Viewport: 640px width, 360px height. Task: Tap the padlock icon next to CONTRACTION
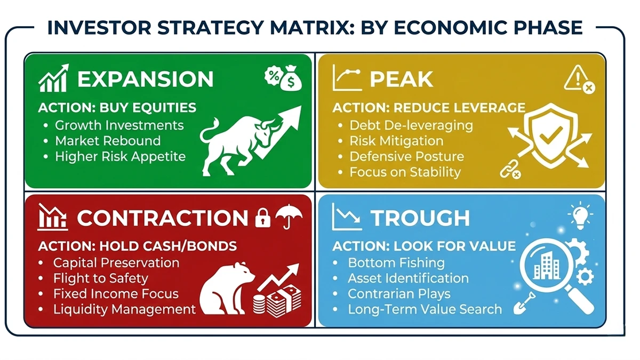tap(262, 218)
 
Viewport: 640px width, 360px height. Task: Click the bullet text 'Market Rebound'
tap(108, 141)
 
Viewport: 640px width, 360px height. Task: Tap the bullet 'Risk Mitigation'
tap(396, 141)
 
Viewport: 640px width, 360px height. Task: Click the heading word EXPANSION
tap(145, 79)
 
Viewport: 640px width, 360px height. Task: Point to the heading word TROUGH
tap(420, 218)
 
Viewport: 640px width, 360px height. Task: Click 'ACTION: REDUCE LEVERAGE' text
tap(429, 108)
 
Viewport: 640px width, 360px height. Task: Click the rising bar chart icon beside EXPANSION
tap(53, 79)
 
